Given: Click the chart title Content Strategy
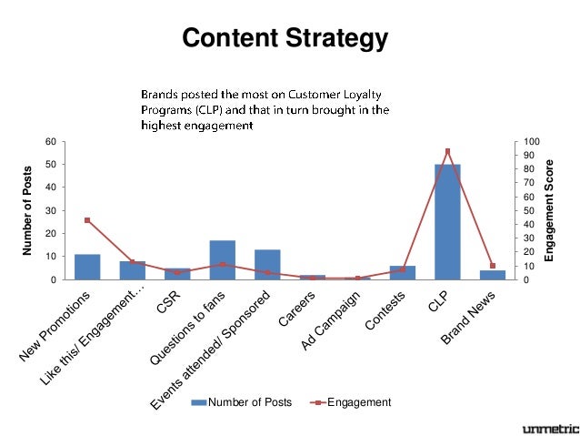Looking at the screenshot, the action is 285,40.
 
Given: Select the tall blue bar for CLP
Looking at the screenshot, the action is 447,222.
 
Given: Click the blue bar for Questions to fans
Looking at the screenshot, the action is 223,260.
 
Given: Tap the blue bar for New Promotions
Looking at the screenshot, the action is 87,267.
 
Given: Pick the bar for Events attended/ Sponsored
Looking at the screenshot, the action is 267,264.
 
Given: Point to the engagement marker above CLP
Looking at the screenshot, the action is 447,151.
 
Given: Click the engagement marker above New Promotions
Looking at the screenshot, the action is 87,220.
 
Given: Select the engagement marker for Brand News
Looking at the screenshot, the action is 492,266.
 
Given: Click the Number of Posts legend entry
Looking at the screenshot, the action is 241,402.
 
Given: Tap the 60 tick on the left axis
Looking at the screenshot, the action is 51,142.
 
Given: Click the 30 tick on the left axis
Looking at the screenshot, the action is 51,210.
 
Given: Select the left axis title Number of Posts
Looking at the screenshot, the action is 28,210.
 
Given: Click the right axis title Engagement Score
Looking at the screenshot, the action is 549,210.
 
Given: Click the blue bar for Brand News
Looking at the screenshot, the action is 492,275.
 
